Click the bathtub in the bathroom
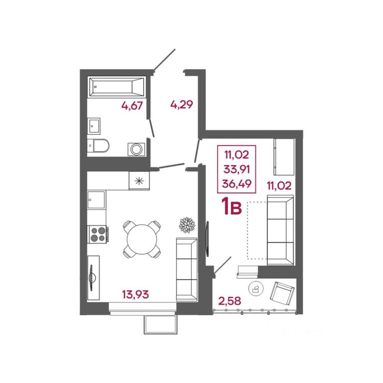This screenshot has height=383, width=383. (117, 87)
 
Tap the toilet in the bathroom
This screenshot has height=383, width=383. (98, 146)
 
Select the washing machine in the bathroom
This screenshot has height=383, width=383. (136, 149)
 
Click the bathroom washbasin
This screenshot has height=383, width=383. (94, 126)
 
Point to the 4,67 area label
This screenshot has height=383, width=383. (132, 106)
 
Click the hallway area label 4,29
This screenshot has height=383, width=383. (181, 105)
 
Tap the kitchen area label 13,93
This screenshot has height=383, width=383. (135, 294)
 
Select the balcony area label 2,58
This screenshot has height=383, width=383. (230, 301)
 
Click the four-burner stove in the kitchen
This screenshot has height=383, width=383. (98, 234)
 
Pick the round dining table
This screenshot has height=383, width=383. (141, 240)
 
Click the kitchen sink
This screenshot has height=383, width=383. (96, 200)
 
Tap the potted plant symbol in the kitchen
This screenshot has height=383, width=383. (187, 225)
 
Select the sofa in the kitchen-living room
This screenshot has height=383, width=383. (186, 270)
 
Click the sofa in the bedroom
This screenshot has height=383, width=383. (280, 230)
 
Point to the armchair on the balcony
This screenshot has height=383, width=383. (282, 294)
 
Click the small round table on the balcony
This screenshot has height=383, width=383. (256, 289)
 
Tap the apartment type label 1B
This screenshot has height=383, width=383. (231, 207)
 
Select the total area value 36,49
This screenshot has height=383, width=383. (236, 184)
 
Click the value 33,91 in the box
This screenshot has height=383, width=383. (236, 169)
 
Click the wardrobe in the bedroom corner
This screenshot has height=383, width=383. (284, 157)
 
